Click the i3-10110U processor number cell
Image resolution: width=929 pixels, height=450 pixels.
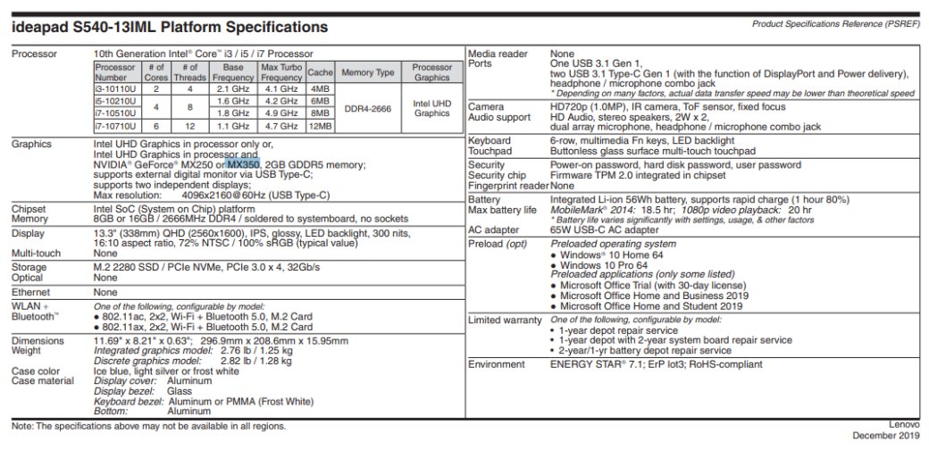[115, 89]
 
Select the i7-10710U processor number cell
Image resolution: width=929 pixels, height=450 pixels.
[115, 127]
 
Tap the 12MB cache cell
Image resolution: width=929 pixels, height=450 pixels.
[319, 127]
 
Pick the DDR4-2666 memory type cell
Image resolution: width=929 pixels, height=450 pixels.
[368, 108]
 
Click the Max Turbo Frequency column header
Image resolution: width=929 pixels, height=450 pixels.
[280, 71]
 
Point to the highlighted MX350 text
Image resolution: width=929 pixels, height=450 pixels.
[243, 164]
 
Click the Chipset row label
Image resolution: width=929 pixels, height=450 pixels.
[29, 207]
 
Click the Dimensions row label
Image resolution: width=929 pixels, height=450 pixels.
[38, 340]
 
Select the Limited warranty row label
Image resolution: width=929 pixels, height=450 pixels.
[505, 320]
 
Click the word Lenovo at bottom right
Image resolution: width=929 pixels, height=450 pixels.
[904, 424]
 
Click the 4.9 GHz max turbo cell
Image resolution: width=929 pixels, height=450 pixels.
[280, 114]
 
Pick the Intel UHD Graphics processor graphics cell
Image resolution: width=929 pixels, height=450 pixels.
[432, 108]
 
